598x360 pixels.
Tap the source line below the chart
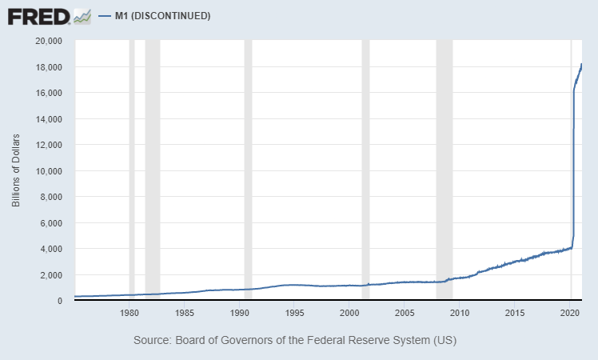tap(294, 340)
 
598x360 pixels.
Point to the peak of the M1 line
tap(581, 64)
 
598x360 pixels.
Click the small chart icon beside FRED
tap(82, 15)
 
